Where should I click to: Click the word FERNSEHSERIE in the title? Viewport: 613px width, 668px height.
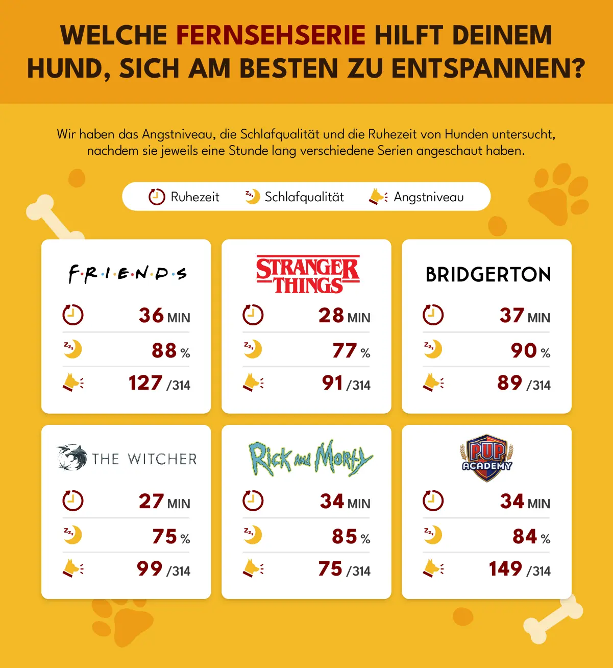click(x=271, y=35)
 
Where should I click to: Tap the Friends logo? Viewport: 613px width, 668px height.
click(x=128, y=274)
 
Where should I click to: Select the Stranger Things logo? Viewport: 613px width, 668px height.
click(x=308, y=274)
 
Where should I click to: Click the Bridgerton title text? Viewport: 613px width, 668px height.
click(x=488, y=275)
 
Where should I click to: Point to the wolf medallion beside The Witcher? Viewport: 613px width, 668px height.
click(x=72, y=457)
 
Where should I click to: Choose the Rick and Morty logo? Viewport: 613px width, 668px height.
click(x=311, y=458)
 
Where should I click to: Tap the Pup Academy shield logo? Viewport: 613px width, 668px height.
click(x=486, y=458)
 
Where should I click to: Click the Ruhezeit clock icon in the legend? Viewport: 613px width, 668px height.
click(x=157, y=197)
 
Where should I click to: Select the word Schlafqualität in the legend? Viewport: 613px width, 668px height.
click(x=304, y=197)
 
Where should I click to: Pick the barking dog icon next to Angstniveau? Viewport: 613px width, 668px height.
click(x=378, y=197)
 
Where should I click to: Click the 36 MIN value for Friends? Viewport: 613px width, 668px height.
click(x=164, y=315)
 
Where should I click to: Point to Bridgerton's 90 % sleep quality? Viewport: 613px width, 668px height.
click(x=530, y=351)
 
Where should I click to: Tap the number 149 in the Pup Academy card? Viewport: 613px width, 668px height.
click(x=505, y=568)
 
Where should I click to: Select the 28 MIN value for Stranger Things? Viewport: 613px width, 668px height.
click(x=345, y=315)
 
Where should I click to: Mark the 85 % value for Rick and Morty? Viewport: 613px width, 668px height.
click(x=351, y=536)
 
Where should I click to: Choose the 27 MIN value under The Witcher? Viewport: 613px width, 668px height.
click(x=164, y=501)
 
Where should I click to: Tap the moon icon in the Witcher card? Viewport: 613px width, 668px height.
click(x=72, y=535)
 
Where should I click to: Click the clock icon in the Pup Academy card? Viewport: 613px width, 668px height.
click(x=433, y=500)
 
